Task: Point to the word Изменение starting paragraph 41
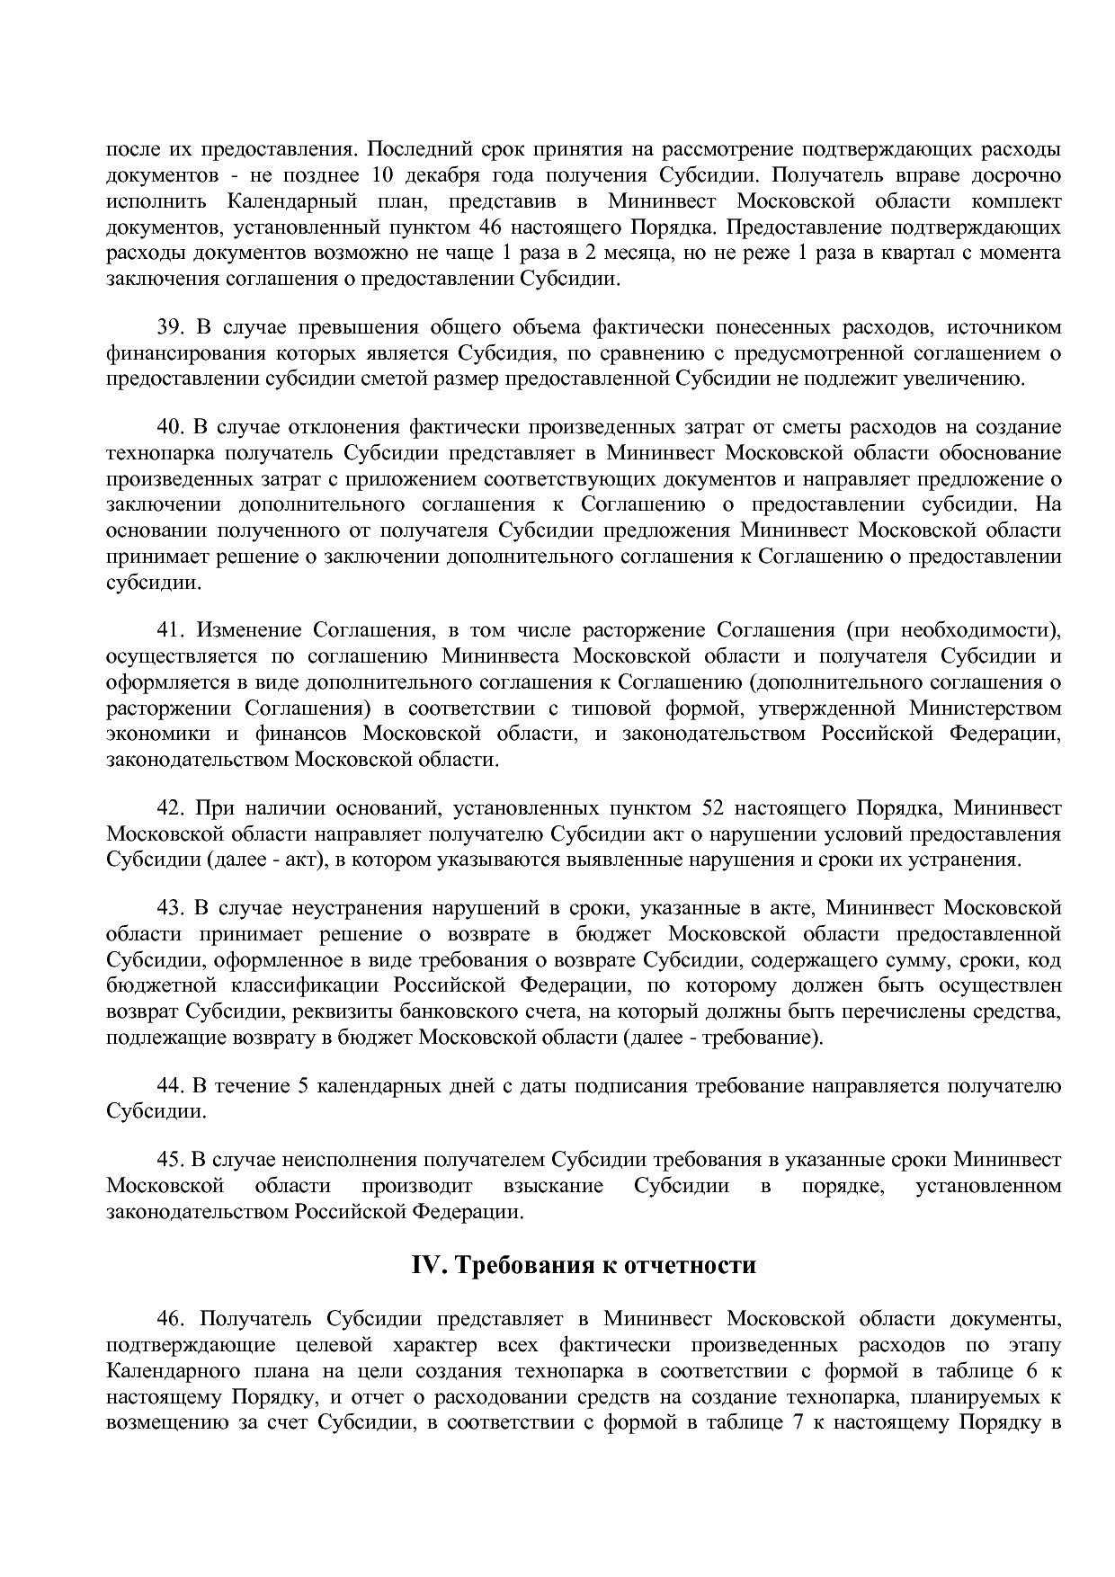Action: click(x=247, y=629)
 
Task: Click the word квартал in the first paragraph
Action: click(x=914, y=253)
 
